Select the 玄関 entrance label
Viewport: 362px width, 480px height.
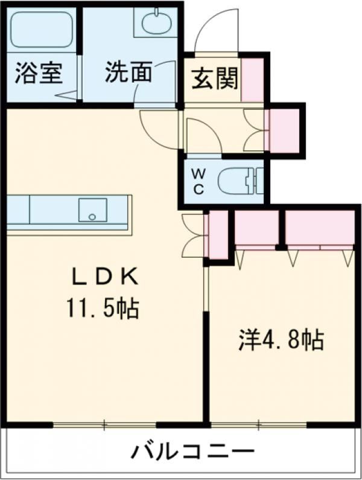pos(215,78)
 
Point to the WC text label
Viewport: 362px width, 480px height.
pos(198,181)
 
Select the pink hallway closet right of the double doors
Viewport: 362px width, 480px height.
pos(284,130)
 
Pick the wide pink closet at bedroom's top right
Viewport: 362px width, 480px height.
pos(319,228)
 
